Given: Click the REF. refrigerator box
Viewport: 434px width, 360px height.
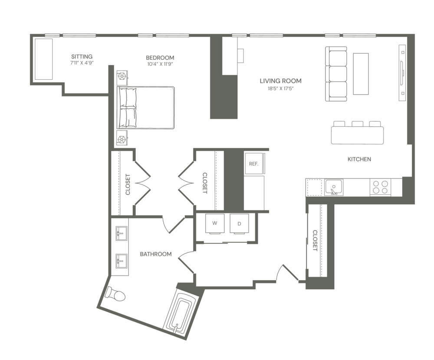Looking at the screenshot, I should coord(254,164).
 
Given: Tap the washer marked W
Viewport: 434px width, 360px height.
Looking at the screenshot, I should coord(214,225).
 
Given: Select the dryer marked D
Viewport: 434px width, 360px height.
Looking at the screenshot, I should coord(239,225).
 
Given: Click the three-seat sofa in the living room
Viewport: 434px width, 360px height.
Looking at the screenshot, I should coord(336,74).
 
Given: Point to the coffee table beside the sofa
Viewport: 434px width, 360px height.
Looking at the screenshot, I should coord(361,73).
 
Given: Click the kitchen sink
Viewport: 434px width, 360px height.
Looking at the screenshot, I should coord(334,187).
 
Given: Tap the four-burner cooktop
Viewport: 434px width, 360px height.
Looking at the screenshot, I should coord(380,187).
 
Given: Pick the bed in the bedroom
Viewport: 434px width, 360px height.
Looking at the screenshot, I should coord(148,108).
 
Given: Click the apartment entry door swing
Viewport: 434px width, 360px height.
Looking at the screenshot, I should coord(286,273).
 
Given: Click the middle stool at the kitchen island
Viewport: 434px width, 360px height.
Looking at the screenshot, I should coord(357,124).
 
